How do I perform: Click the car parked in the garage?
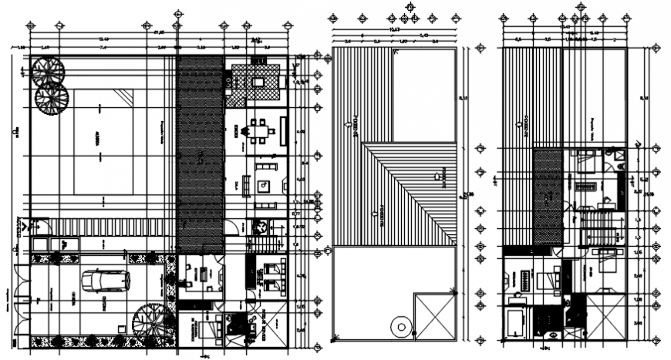106,281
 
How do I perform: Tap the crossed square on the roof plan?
433,315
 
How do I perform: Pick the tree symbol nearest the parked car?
147,318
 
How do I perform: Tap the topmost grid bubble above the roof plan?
409,7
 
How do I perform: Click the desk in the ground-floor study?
204,274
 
